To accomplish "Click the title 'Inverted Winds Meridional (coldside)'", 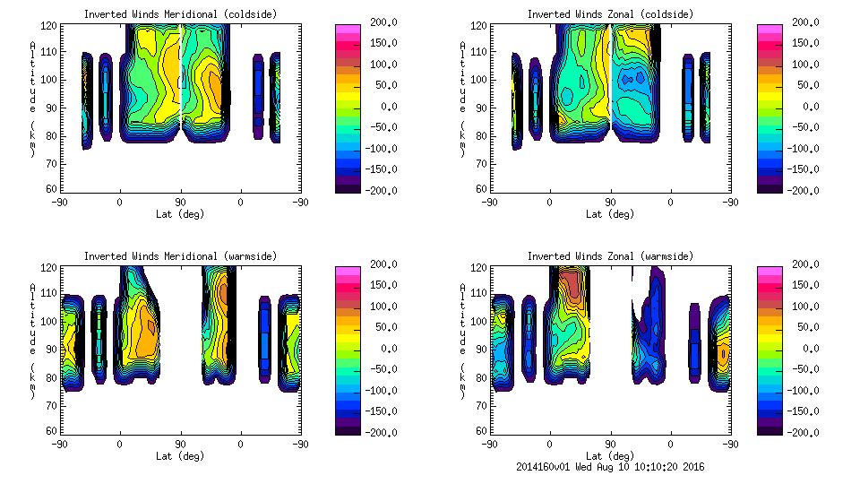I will point(180,14).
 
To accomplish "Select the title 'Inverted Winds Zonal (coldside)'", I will point(610,14).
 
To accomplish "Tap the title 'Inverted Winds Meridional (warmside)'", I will point(180,256).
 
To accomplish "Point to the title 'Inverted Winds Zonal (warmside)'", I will point(610,256).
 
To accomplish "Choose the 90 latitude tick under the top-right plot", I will point(610,203).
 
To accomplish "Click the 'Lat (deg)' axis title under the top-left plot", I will point(180,214).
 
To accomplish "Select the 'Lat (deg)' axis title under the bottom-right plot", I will point(610,455).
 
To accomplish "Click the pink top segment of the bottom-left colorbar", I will point(347,269).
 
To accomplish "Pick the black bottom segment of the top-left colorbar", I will point(347,187).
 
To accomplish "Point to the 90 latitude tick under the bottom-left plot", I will point(180,444).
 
